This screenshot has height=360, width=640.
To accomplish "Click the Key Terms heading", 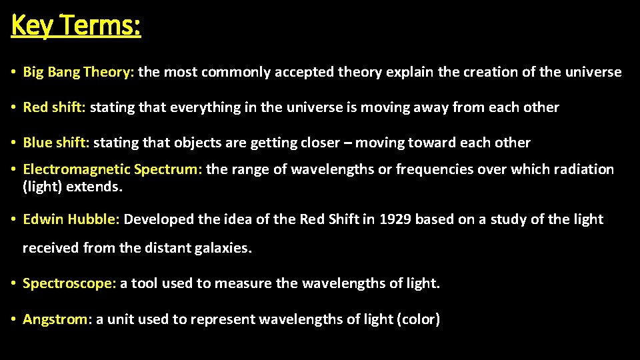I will (76, 26).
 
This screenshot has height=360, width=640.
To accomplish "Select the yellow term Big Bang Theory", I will (79, 72).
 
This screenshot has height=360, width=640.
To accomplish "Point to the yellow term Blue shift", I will (56, 143).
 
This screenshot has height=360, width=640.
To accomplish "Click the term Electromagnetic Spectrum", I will (111, 169).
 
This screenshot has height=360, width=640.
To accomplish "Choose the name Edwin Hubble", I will (71, 219).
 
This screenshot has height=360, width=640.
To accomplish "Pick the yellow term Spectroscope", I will (69, 283).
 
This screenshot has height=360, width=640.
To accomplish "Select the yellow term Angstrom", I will (56, 319).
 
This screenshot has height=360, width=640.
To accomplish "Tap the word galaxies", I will (222, 249).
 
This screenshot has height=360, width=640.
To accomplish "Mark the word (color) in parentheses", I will (418, 319).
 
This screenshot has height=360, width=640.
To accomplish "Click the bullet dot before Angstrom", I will (13, 319).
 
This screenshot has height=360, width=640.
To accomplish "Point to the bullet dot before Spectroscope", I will (13, 283).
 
